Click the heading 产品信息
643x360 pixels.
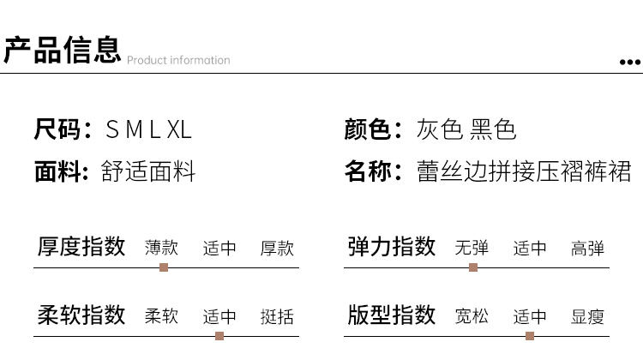(63, 50)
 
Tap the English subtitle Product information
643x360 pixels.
(178, 60)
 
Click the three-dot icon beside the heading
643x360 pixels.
(630, 63)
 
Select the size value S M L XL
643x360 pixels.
(148, 129)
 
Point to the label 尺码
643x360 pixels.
(57, 129)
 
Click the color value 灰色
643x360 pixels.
(440, 129)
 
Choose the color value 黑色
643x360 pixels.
(493, 129)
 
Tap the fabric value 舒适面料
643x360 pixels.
(148, 171)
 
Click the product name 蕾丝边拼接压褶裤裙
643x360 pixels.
(524, 171)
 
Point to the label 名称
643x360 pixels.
(368, 171)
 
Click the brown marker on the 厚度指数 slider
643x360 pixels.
(164, 267)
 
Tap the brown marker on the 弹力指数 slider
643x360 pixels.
(473, 267)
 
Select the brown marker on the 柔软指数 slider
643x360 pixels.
(219, 336)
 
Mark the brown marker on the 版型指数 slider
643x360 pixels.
(530, 336)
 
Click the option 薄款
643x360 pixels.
(161, 248)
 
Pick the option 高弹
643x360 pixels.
(587, 248)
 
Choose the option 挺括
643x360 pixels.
(277, 316)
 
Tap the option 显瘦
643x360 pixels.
(587, 316)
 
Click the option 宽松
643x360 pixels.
(472, 316)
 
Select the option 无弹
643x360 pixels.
(472, 248)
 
